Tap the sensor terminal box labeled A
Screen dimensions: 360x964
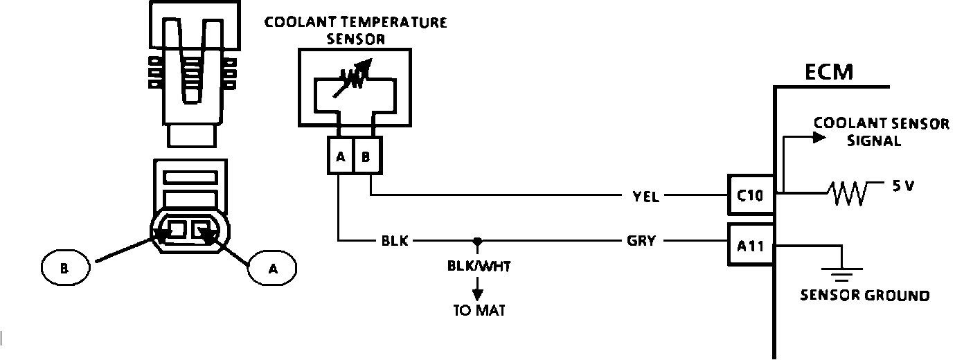click(340, 156)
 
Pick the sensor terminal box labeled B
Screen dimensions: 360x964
click(366, 156)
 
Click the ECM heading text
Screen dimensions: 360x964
click(829, 73)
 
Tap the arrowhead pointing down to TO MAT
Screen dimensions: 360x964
click(476, 293)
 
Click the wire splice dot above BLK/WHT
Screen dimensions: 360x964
click(476, 241)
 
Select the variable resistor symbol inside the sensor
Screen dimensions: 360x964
click(354, 77)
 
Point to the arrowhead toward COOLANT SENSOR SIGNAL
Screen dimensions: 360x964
click(819, 137)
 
